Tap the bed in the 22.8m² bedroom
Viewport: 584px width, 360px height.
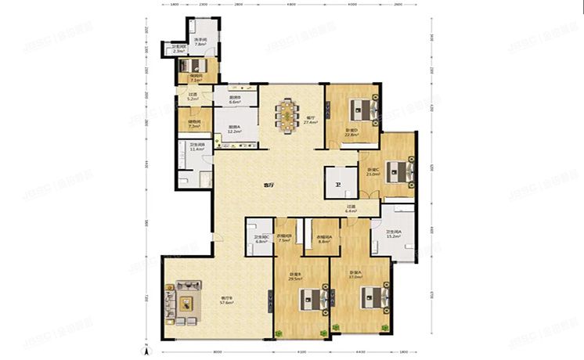tap(359, 107)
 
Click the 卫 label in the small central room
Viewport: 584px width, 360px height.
tap(338, 185)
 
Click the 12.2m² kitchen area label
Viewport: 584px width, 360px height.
tap(233, 131)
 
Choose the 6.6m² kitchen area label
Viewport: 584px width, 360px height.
tap(234, 103)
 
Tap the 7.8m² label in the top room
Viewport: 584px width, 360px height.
tap(200, 45)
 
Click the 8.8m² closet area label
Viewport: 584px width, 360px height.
tap(324, 240)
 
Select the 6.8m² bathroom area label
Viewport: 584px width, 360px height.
tap(261, 240)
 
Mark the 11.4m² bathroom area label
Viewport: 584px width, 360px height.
tap(196, 149)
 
